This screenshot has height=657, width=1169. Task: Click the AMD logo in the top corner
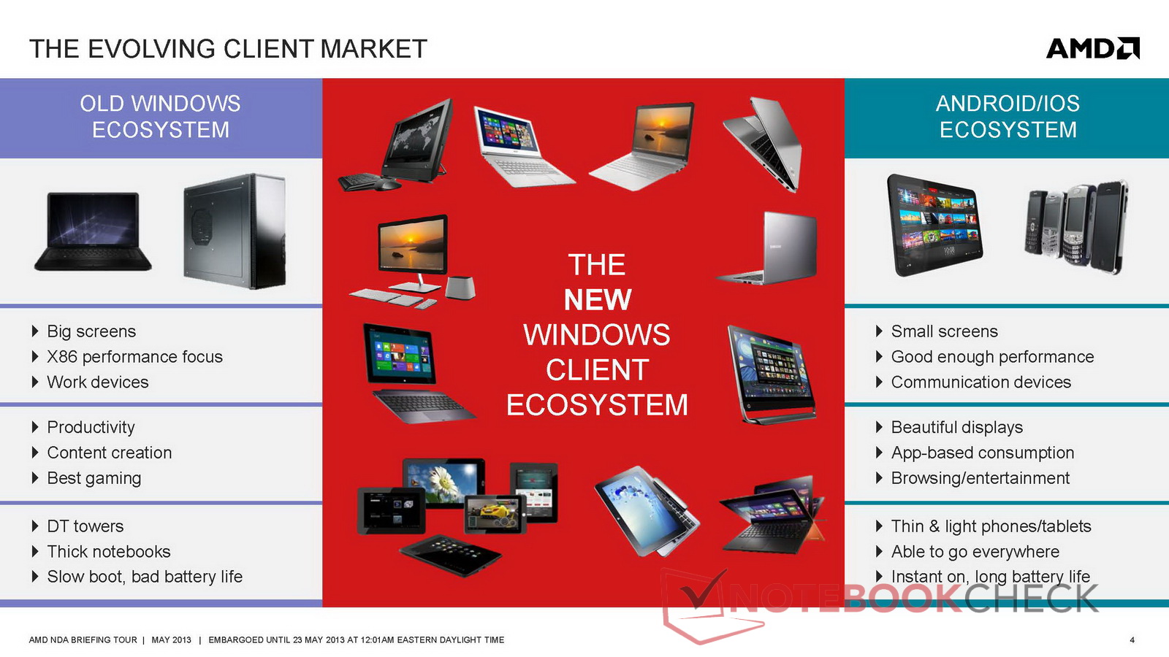tap(1093, 48)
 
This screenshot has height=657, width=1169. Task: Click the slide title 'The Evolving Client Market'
tap(228, 49)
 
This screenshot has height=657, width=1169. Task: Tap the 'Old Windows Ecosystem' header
tap(160, 117)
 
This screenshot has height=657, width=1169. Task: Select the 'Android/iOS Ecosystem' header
tap(1008, 117)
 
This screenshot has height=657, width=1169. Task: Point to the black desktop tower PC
tap(235, 231)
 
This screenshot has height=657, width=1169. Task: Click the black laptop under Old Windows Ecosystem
tap(93, 231)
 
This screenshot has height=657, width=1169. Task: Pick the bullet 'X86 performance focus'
tap(134, 357)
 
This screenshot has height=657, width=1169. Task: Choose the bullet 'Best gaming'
tap(94, 478)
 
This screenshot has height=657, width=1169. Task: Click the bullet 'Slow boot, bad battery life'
tap(145, 577)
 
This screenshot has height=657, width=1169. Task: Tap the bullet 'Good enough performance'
tap(992, 357)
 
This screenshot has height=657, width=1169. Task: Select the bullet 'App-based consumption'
tap(982, 453)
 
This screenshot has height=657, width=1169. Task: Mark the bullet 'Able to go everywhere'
tap(975, 552)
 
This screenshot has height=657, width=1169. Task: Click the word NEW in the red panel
tap(598, 300)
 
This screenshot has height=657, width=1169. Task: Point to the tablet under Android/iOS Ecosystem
tap(934, 225)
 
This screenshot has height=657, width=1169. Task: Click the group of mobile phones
tap(1076, 227)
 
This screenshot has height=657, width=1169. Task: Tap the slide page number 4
tap(1132, 639)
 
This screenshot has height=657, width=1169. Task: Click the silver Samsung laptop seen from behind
tap(768, 248)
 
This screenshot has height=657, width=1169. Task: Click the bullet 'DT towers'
tap(85, 526)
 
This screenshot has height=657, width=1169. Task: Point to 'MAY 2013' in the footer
tap(171, 639)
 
